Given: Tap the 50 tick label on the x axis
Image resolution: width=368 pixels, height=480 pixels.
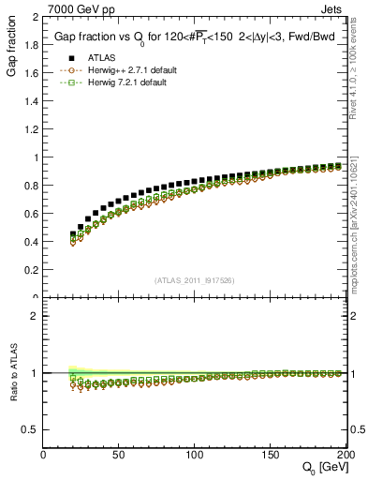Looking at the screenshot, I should [119, 454].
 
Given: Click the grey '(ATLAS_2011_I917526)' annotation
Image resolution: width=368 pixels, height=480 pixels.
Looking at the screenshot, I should [195, 280].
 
